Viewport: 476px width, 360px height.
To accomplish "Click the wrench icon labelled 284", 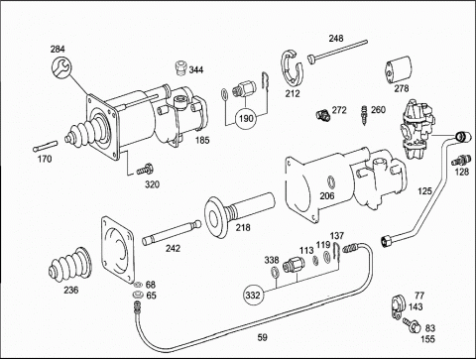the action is pos(61,67).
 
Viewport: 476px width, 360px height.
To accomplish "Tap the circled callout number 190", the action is pos(246,118).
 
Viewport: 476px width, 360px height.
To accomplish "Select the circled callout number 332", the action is pos(253,295).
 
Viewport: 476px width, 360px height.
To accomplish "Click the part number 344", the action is pos(196,70).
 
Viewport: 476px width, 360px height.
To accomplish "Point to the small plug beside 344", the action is pos(179,68).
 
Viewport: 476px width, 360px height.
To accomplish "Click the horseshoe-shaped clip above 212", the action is pos(293,68).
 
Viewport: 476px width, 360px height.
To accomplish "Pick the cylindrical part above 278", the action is pos(398,69).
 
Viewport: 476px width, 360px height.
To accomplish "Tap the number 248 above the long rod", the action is pos(336,39).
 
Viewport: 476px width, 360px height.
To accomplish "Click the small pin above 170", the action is pos(46,146).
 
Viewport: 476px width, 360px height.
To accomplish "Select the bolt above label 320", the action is pos(145,170).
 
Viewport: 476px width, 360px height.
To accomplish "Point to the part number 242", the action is pos(174,248).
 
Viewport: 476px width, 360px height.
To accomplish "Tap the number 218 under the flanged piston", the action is pos(243,227).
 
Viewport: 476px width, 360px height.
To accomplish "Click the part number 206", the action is pos(327,196).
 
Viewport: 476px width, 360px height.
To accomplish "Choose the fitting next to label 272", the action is pos(321,115).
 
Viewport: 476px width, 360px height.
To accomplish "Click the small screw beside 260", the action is pos(365,115).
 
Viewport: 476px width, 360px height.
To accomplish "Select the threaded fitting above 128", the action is pos(461,160).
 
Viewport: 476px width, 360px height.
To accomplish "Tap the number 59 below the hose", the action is pos(262,337).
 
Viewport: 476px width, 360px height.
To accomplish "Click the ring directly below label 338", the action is pos(275,272).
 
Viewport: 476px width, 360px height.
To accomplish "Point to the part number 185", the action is pos(202,140).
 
